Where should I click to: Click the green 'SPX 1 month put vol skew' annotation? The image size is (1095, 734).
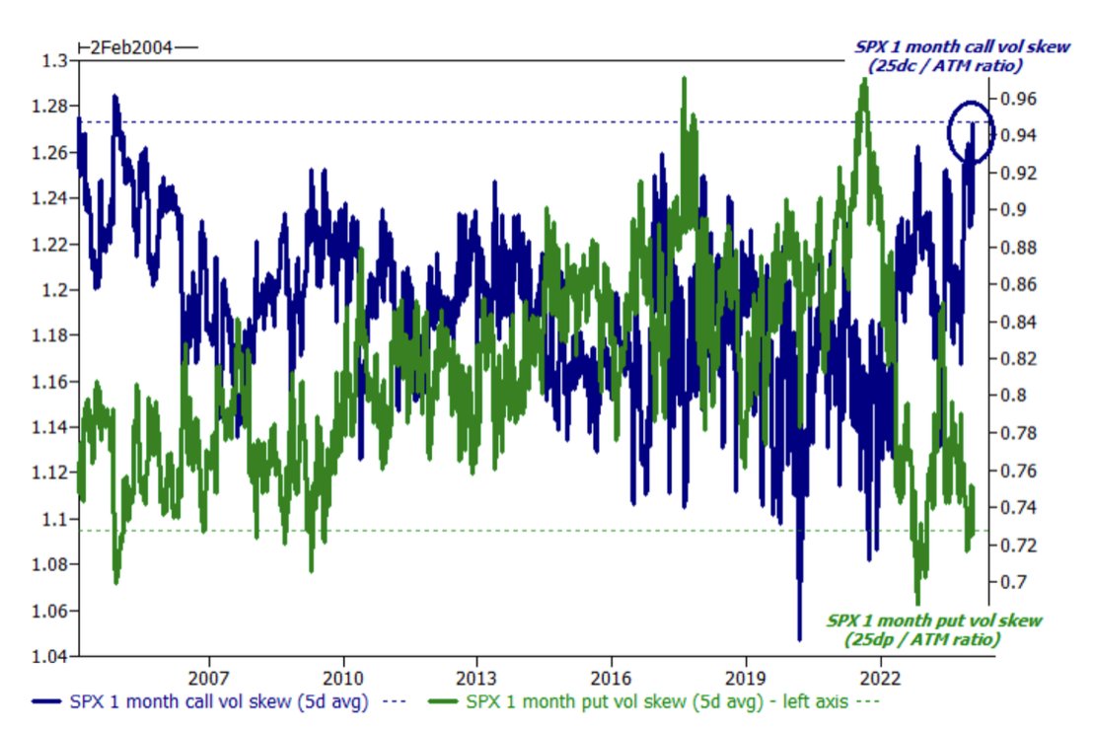pyautogui.click(x=933, y=629)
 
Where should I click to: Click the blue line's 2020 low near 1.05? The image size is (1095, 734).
pyautogui.click(x=799, y=636)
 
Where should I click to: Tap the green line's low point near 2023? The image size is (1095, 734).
pyautogui.click(x=917, y=602)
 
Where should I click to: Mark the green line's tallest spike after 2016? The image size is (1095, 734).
pyautogui.click(x=683, y=79)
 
